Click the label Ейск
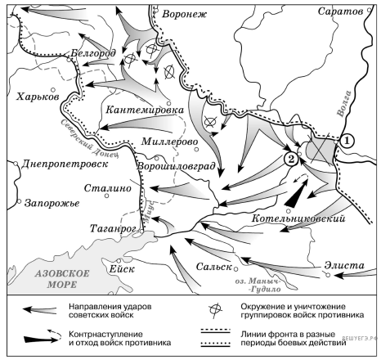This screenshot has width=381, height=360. coord(120,263)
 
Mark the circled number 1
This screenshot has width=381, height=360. coord(347,140)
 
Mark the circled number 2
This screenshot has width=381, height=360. coord(289,160)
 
